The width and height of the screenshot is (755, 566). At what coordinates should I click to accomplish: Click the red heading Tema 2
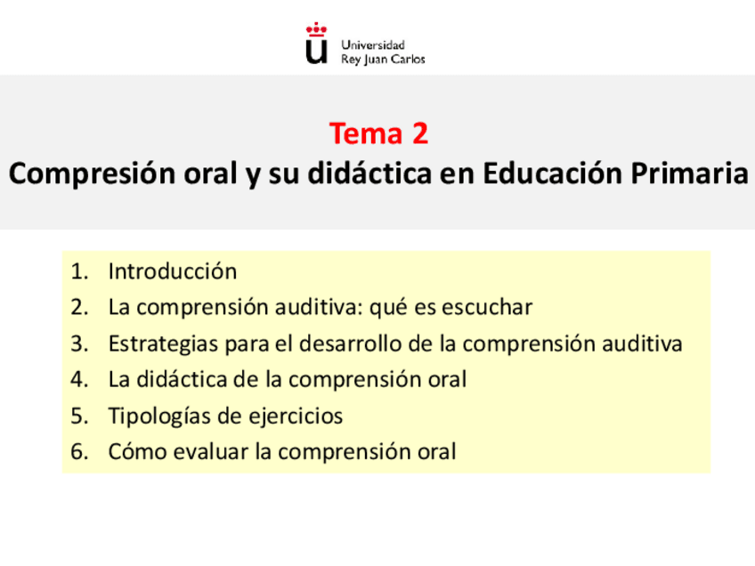[x=378, y=133]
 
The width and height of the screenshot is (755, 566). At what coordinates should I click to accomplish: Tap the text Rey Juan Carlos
[x=383, y=60]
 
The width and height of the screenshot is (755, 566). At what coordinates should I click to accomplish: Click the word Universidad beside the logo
[x=373, y=44]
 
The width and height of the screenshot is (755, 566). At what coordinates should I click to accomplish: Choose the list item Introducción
[x=173, y=271]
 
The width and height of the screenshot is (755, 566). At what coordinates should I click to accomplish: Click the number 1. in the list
[x=80, y=271]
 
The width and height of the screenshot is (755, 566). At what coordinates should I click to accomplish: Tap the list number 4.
[x=80, y=380]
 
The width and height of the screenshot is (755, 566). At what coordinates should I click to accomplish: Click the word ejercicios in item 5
[x=299, y=416]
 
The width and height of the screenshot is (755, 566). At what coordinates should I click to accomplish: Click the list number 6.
[x=80, y=452]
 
